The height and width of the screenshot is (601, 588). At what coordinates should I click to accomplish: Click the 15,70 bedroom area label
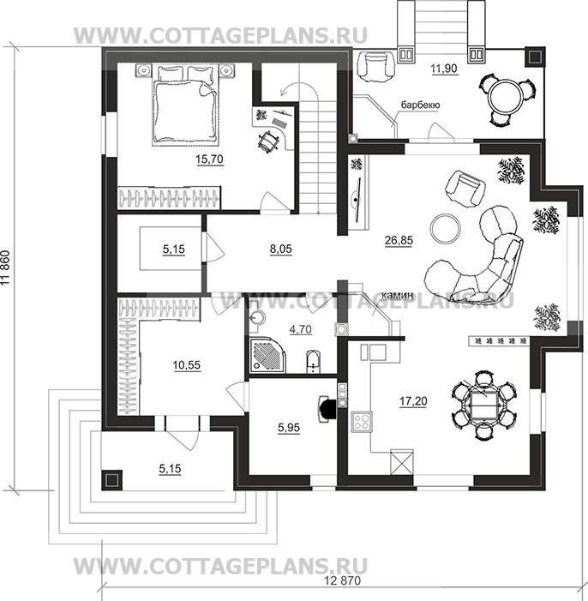209,159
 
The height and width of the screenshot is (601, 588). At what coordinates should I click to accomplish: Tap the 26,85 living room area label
399,240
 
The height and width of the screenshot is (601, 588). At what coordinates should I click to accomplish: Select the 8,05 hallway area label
280,249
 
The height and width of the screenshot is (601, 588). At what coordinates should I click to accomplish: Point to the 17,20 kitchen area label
413,401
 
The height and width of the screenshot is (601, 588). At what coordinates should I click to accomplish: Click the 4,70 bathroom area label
301,329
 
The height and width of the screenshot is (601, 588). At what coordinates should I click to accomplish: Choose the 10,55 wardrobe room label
186,365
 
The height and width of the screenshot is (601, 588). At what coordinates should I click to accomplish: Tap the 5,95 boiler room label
289,427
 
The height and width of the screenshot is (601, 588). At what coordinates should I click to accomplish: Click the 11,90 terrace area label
444,69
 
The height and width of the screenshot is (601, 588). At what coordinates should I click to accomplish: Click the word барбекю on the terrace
420,105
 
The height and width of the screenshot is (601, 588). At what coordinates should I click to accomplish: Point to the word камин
399,295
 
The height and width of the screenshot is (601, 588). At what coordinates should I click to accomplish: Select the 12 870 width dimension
342,580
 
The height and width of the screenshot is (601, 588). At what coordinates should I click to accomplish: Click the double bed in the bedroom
185,105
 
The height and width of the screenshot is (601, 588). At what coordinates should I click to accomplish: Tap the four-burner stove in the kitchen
362,422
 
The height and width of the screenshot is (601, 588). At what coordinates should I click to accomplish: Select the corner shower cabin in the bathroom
268,355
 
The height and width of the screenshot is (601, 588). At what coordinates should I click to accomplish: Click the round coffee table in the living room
445,228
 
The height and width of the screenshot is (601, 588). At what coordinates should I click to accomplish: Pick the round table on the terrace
506,96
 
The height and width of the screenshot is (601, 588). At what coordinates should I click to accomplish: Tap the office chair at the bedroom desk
269,141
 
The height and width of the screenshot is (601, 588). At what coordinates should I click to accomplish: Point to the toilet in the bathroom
313,361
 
